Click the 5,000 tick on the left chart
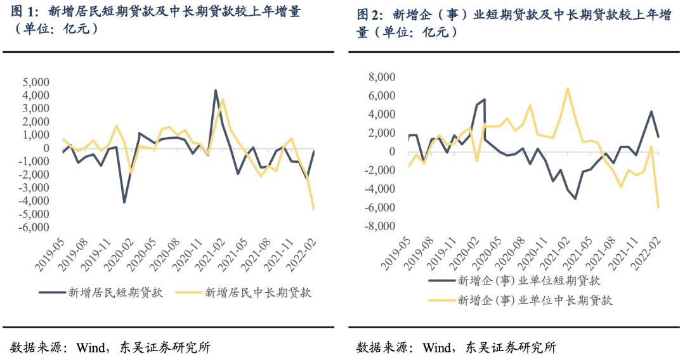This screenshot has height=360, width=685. (36, 82)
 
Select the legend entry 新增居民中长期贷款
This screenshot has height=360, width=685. (258, 292)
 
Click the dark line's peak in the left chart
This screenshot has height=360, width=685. (216, 91)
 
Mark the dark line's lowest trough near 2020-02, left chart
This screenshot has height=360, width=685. (124, 202)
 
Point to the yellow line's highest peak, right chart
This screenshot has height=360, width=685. (568, 88)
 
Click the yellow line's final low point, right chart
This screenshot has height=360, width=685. (658, 207)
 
